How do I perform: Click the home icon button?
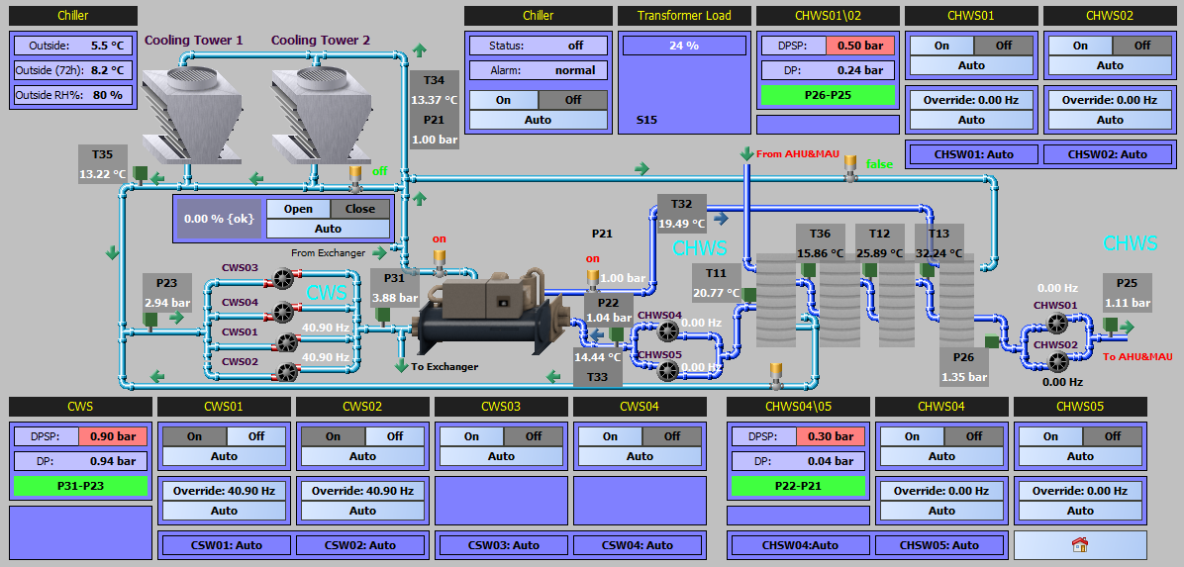coord(1080,544)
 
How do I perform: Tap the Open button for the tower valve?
coord(299,209)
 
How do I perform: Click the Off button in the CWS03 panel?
coord(534,435)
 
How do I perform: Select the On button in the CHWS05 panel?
coord(1050,435)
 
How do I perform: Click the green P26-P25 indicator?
coord(828,95)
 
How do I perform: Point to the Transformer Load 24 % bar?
coord(684,46)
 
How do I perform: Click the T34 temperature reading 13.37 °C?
coord(435,100)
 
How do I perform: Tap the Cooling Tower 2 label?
coord(320,40)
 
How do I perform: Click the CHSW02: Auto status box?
coord(1108,154)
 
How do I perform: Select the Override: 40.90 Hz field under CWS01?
coord(224,490)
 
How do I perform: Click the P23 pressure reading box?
coord(167,293)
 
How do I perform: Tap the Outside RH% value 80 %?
coord(107,95)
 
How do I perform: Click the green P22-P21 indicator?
coord(797,486)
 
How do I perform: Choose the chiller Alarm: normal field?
coord(539,70)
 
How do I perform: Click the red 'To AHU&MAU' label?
coord(1137,356)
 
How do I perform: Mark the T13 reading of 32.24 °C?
coord(938,253)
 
